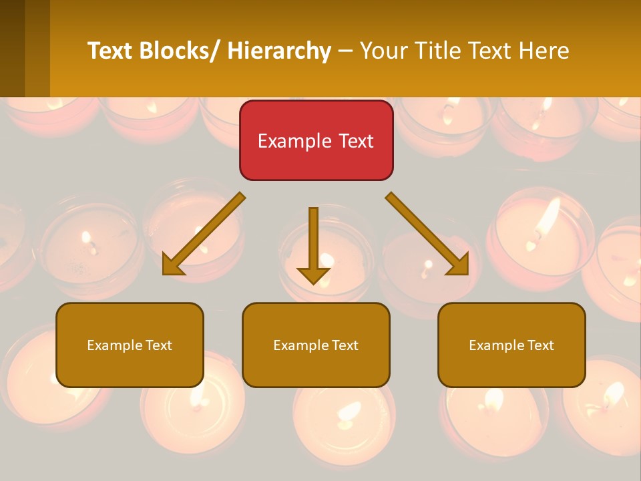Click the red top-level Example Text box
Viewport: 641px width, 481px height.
(316, 140)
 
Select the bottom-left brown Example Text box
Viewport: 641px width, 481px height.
(130, 345)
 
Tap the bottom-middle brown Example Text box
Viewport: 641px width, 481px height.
(316, 345)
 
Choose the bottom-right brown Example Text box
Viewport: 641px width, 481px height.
(511, 345)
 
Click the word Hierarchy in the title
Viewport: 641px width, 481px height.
(279, 51)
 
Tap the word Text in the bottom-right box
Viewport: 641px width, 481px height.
(540, 345)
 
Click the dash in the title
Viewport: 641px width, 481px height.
(346, 51)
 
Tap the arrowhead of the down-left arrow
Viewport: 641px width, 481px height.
(173, 265)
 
